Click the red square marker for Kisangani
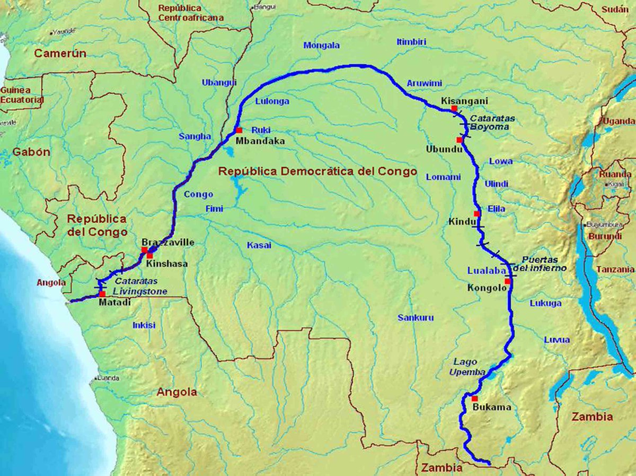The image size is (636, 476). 454,108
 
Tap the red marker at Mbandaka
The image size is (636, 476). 239,130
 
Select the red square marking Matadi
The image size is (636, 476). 102,293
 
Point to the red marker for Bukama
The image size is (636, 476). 474,398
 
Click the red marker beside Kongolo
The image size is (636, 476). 507,281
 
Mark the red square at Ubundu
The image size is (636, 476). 459,140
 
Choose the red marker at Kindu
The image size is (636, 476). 477,213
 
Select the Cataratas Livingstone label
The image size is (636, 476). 140,287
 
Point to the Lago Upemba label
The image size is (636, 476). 467,367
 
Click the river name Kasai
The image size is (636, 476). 259,245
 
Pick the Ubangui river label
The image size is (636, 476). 219,82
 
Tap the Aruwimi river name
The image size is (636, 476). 424,83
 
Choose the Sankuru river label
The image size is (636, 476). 416,318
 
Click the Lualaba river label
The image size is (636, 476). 483,271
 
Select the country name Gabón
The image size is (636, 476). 31,152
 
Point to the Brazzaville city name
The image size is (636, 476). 167,243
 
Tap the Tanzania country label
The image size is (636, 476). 615,270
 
